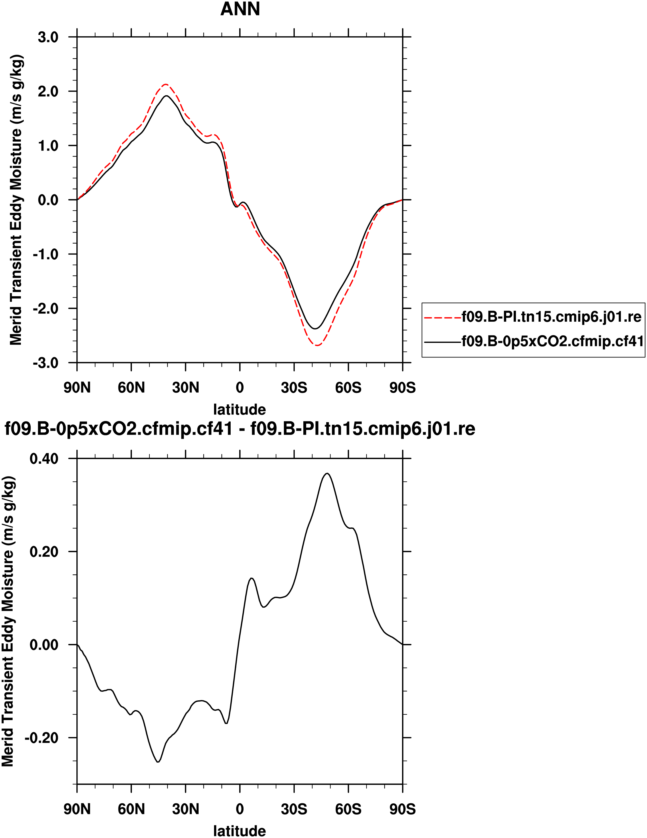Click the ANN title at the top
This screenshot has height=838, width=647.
(240, 9)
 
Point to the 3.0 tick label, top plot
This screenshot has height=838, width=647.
(48, 37)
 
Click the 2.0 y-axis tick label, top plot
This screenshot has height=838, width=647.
(48, 91)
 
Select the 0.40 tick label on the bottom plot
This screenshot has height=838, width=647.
(44, 458)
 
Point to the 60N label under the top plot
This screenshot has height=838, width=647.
(131, 388)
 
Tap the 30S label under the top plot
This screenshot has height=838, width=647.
(294, 388)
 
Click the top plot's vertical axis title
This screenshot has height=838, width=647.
(16, 199)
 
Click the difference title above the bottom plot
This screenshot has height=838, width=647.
(240, 429)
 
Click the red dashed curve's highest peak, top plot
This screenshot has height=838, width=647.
(165, 84)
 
